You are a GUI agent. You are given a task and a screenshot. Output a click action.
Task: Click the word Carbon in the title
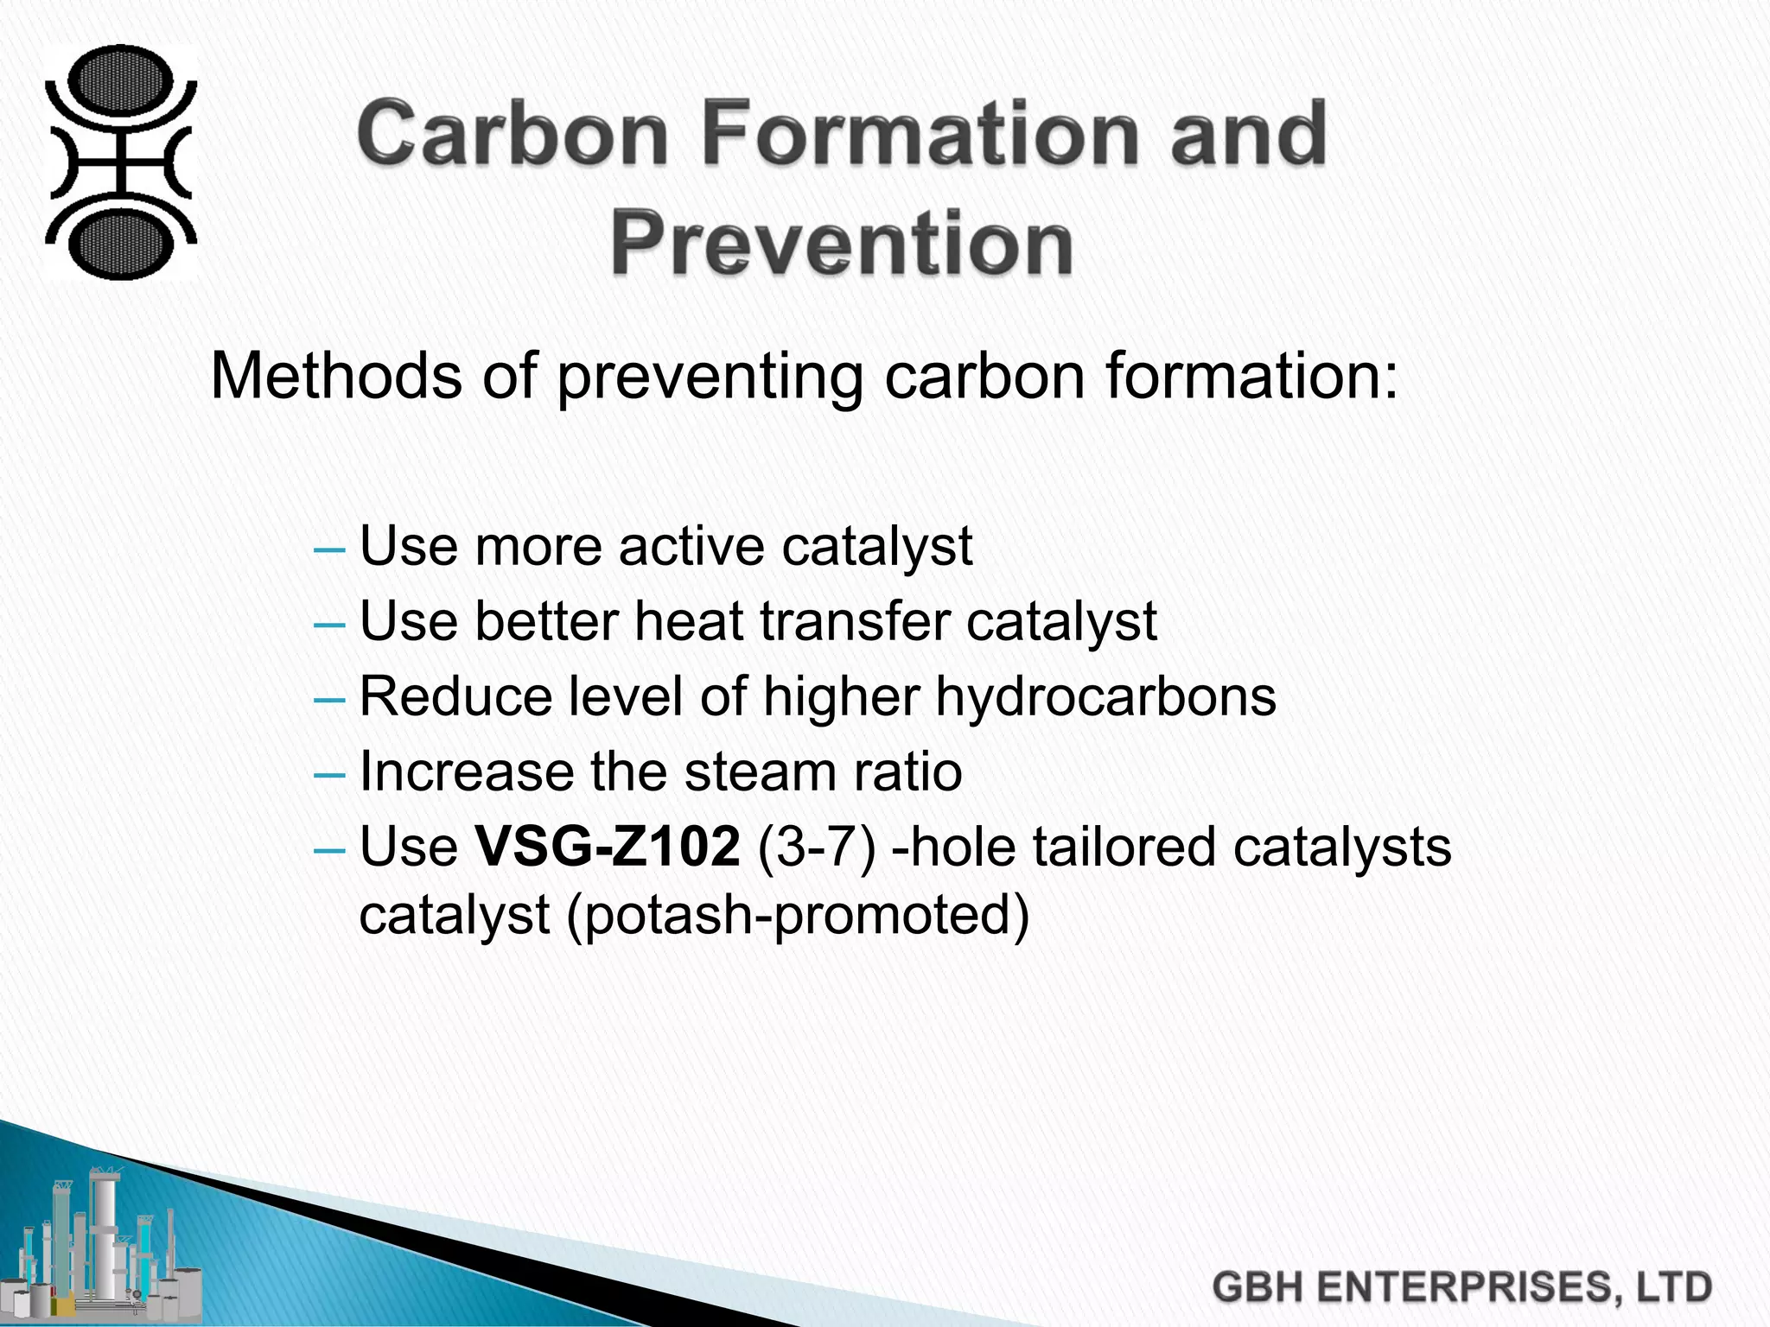513,134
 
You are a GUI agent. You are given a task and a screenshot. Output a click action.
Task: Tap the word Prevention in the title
842,244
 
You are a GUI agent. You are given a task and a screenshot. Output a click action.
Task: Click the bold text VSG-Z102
608,847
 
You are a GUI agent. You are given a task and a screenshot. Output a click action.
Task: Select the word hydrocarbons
1105,696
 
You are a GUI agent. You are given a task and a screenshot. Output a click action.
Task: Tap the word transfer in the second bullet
789,621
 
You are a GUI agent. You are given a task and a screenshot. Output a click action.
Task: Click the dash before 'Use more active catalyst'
330,549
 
